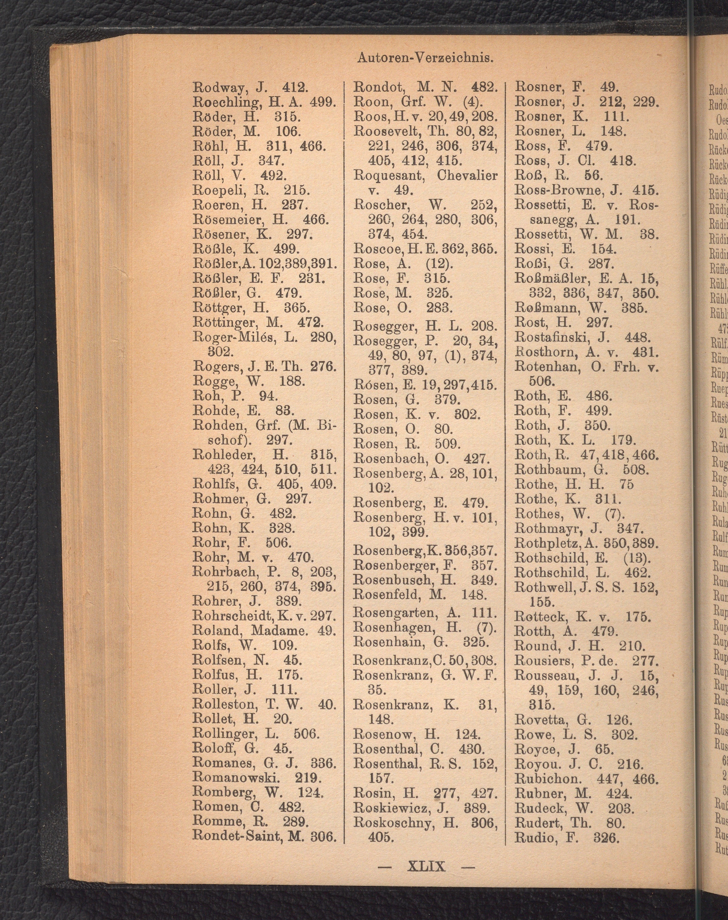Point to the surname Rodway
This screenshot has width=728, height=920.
[219, 88]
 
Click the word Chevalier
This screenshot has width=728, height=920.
[467, 176]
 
